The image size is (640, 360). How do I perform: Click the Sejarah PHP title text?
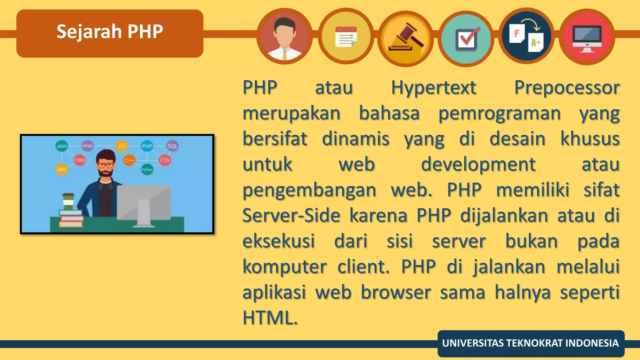(110, 32)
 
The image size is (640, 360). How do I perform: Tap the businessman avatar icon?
(284, 37)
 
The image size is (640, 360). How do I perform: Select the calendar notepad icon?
(346, 37)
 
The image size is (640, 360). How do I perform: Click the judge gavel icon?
(406, 38)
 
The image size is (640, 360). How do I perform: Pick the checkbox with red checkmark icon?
(466, 39)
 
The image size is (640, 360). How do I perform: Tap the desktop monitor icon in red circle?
(587, 37)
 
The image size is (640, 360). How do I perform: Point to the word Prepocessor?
(567, 88)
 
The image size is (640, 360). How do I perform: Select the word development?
(478, 165)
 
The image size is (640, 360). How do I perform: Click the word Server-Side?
(291, 216)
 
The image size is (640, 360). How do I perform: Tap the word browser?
(396, 292)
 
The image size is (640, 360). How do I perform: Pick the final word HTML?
(270, 318)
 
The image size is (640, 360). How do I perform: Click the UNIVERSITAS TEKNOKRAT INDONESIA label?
(530, 343)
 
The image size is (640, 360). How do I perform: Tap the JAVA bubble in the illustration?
(62, 146)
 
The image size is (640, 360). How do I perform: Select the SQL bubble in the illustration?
(172, 146)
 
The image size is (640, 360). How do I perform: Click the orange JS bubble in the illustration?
(121, 146)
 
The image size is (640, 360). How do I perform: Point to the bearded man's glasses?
(105, 165)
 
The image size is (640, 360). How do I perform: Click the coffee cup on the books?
(68, 202)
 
